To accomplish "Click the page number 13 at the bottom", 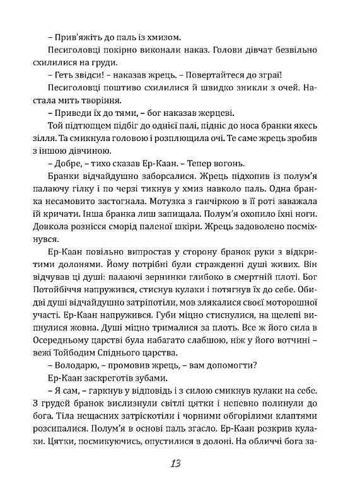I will (175, 481).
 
